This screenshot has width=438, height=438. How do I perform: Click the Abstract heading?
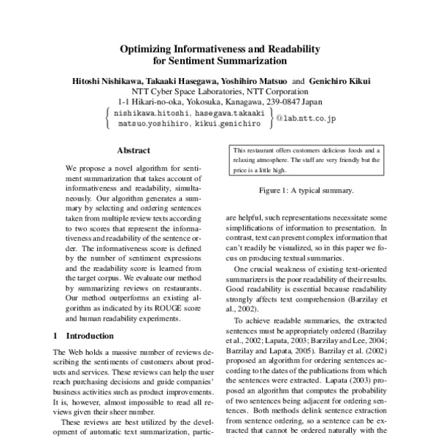[x=134, y=151]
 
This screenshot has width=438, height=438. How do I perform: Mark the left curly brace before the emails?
[x=109, y=120]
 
